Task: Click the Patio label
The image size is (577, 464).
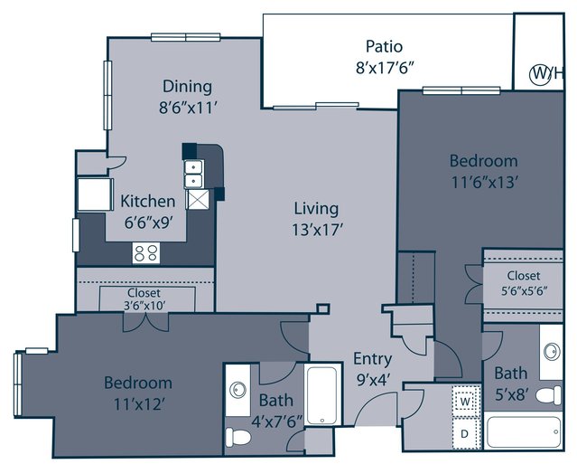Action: coord(384,46)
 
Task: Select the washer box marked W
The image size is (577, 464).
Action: coord(466,401)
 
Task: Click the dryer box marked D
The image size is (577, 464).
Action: coord(464,434)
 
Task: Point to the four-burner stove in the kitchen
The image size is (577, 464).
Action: coord(146,253)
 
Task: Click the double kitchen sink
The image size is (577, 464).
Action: coord(193,175)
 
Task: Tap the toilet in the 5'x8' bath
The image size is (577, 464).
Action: coord(549,395)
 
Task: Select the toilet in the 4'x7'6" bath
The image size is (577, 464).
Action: coord(237,437)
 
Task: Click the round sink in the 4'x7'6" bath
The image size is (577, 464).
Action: coord(237,390)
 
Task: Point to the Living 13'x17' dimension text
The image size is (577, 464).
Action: coord(318,230)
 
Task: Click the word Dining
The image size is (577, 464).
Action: coord(187,86)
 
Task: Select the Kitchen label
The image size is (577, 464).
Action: coord(148,201)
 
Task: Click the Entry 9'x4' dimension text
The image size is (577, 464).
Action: coord(373,380)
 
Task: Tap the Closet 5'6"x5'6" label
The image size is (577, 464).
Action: coord(524,283)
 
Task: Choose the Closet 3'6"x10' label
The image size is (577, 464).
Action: coord(144,298)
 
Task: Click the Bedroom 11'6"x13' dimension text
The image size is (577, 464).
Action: coord(485,182)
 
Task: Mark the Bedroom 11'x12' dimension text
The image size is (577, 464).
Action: coord(138,404)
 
